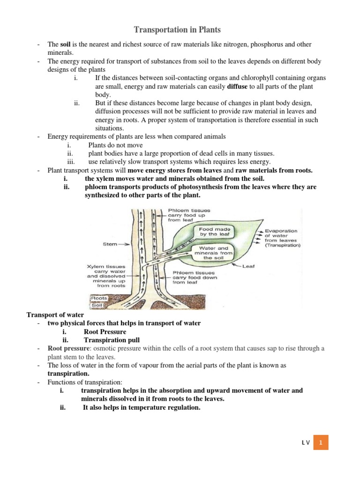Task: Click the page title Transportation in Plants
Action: click(x=177, y=30)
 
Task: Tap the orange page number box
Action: click(x=321, y=442)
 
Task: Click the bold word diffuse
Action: click(x=237, y=87)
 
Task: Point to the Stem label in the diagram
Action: click(x=111, y=244)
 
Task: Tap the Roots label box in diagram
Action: click(x=99, y=298)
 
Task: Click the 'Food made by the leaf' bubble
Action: click(x=213, y=230)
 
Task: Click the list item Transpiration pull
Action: click(x=112, y=340)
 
